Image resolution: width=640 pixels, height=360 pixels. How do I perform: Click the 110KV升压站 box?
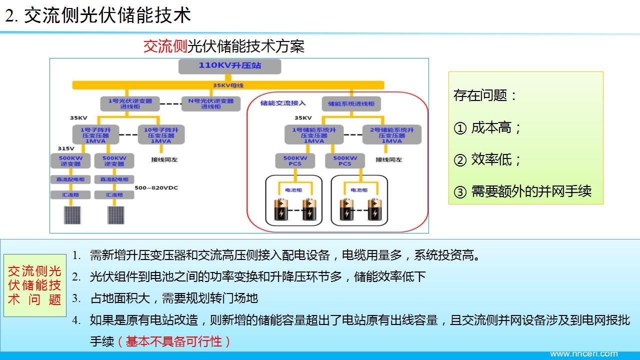tap(229, 66)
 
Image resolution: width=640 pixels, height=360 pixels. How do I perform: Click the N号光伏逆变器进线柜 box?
tap(210, 103)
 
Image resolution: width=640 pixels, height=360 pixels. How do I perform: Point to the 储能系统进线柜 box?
tap(351, 103)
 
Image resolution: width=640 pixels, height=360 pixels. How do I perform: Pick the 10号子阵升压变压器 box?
tap(161, 135)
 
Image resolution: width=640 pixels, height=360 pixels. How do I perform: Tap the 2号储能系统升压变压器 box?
tap(391, 135)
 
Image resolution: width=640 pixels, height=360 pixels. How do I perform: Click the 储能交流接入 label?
tap(283, 103)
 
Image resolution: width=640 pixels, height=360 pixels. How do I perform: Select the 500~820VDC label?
tap(156, 188)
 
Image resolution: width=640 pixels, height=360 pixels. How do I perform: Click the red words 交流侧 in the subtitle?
tap(165, 46)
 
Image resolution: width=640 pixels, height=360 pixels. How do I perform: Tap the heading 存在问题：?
tap(485, 95)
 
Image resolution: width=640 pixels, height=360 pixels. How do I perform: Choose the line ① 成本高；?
tap(487, 128)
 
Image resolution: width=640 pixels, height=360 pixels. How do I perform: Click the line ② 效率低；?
tap(487, 160)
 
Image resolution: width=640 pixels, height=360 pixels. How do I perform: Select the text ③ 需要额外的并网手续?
tap(522, 191)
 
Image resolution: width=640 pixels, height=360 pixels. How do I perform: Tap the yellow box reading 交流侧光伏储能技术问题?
tap(35, 285)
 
